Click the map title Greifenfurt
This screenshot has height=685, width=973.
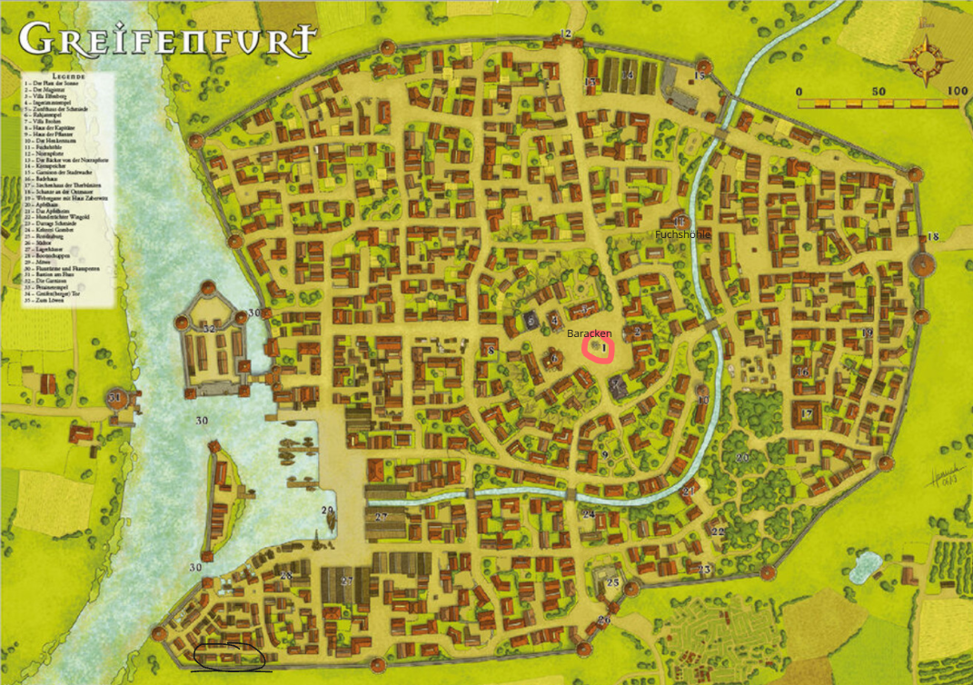169,38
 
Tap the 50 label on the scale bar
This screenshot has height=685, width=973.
878,92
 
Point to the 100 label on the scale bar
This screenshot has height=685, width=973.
955,92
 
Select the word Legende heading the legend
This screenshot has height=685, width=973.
68,75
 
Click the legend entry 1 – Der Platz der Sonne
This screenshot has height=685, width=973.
55,83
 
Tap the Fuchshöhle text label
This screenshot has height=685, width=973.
682,234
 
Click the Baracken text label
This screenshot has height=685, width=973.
591,333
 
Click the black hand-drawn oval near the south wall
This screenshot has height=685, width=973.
229,653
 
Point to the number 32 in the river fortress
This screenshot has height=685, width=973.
210,329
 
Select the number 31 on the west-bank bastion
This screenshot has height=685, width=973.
114,398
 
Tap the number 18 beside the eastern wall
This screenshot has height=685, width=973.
933,237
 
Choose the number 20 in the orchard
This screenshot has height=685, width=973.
742,458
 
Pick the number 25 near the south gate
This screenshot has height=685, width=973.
612,582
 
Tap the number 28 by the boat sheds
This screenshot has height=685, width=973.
285,576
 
